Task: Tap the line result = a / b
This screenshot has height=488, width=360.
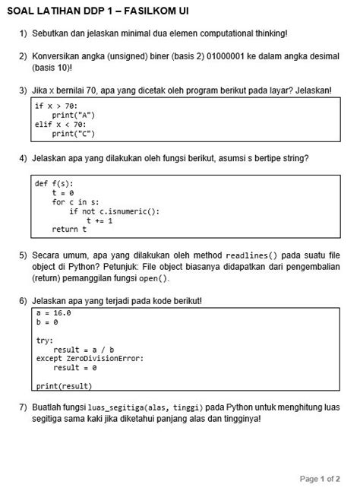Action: click(x=84, y=350)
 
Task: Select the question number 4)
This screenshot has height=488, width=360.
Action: click(x=24, y=158)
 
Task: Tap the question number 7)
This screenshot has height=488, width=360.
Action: click(x=24, y=407)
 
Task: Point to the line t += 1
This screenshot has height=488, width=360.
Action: click(x=100, y=220)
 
